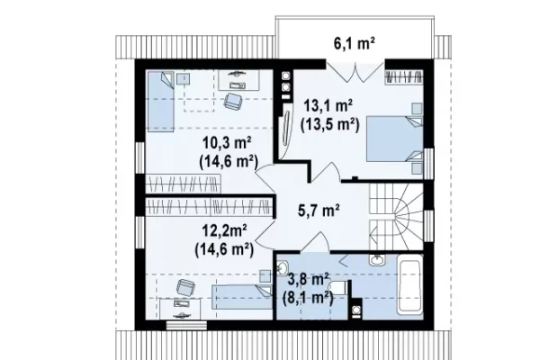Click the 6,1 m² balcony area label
[x=355, y=43]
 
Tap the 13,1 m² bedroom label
[x=328, y=105]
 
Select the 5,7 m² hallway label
[x=319, y=210]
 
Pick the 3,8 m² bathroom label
[x=308, y=279]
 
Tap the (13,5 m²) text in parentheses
[x=330, y=125]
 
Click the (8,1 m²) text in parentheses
[x=308, y=297]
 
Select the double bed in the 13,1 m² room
[x=395, y=139]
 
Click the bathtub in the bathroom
[x=409, y=284]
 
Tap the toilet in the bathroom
[x=339, y=287]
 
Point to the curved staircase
[x=396, y=217]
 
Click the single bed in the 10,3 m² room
[x=161, y=102]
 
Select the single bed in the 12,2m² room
[x=242, y=297]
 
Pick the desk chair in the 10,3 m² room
[x=233, y=101]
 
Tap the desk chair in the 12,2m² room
[x=185, y=287]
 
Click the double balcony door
[x=355, y=71]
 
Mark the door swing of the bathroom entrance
[x=315, y=241]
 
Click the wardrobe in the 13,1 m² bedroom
[x=403, y=76]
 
